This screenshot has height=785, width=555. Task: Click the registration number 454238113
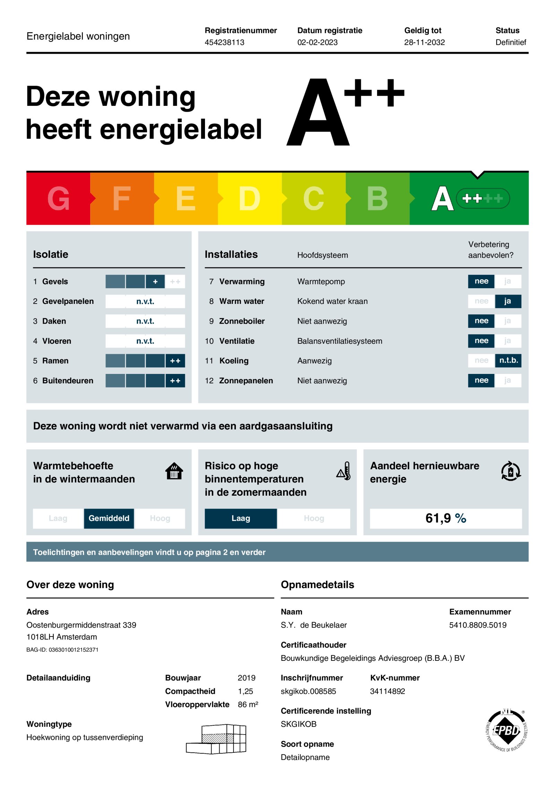224,42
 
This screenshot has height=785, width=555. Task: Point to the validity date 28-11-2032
424,42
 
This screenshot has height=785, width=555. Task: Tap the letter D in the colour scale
249,198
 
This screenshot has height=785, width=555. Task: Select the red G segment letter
58,198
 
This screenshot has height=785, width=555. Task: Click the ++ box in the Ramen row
175,361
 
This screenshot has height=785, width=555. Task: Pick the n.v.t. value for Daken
145,321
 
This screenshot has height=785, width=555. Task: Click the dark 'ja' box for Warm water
507,301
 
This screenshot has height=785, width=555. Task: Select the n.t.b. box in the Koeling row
508,360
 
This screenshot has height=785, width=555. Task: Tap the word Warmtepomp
321,281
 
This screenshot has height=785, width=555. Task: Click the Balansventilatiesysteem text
339,341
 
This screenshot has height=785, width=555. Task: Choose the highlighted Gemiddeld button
109,518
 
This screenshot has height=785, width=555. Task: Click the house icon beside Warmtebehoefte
174,471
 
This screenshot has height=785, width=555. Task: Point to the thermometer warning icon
344,471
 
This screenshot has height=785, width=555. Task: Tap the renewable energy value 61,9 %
445,518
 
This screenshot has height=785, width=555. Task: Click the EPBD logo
506,730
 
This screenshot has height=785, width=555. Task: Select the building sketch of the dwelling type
216,739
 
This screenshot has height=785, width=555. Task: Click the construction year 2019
246,678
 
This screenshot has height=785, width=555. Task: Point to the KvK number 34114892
387,691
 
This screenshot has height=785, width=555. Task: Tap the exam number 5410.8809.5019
477,625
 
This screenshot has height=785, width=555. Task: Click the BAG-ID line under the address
62,650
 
